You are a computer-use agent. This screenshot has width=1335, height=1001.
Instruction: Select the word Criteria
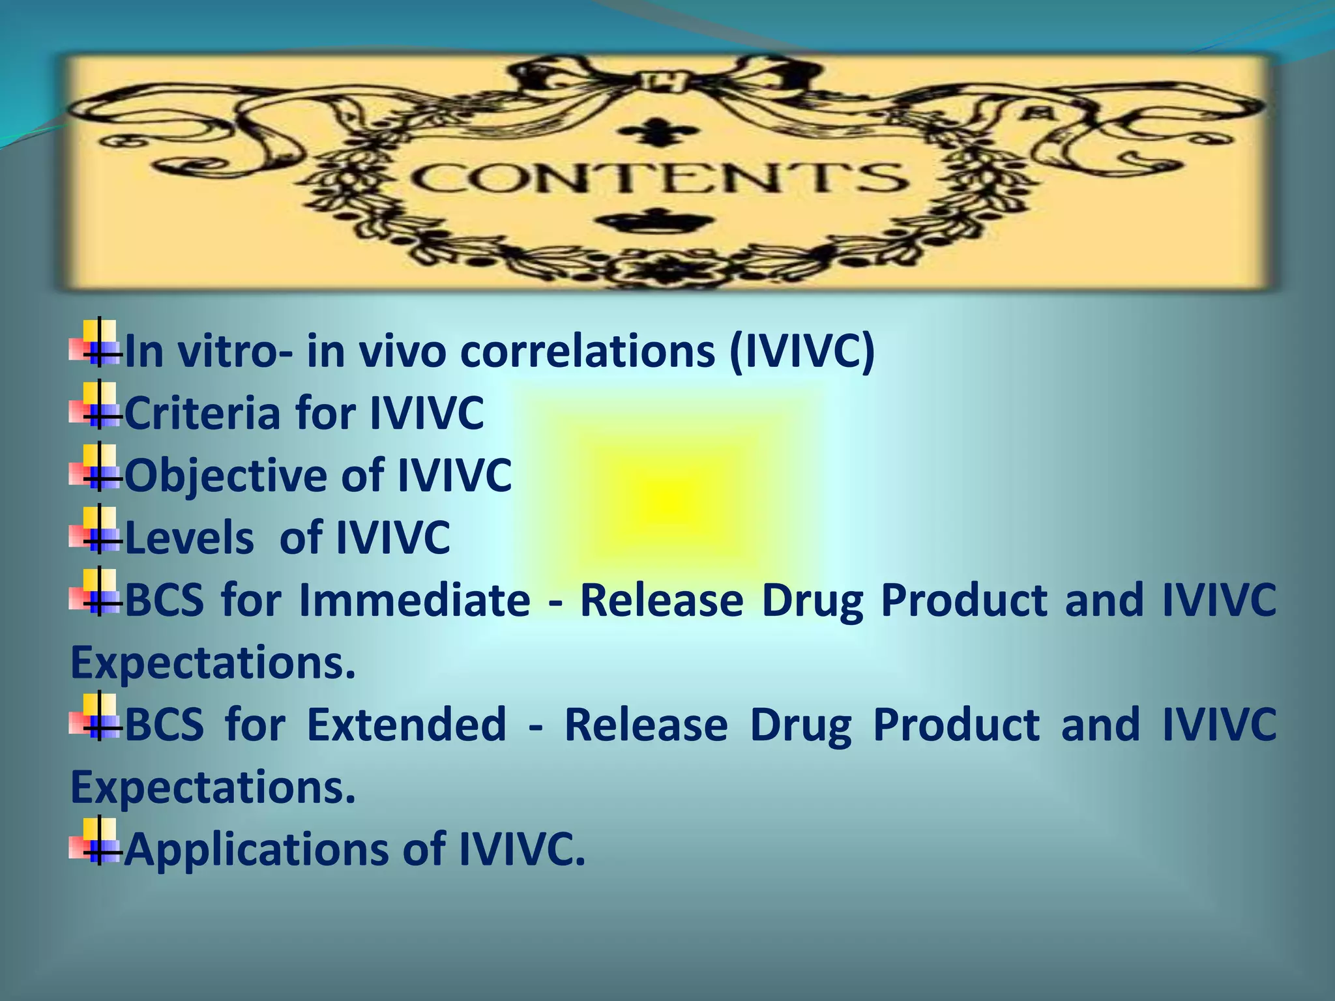(201, 413)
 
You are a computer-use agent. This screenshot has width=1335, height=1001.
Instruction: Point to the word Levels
(189, 538)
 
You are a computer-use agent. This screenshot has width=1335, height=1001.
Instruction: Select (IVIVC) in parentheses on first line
(802, 351)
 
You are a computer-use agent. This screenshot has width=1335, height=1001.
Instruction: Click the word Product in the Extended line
(956, 724)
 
